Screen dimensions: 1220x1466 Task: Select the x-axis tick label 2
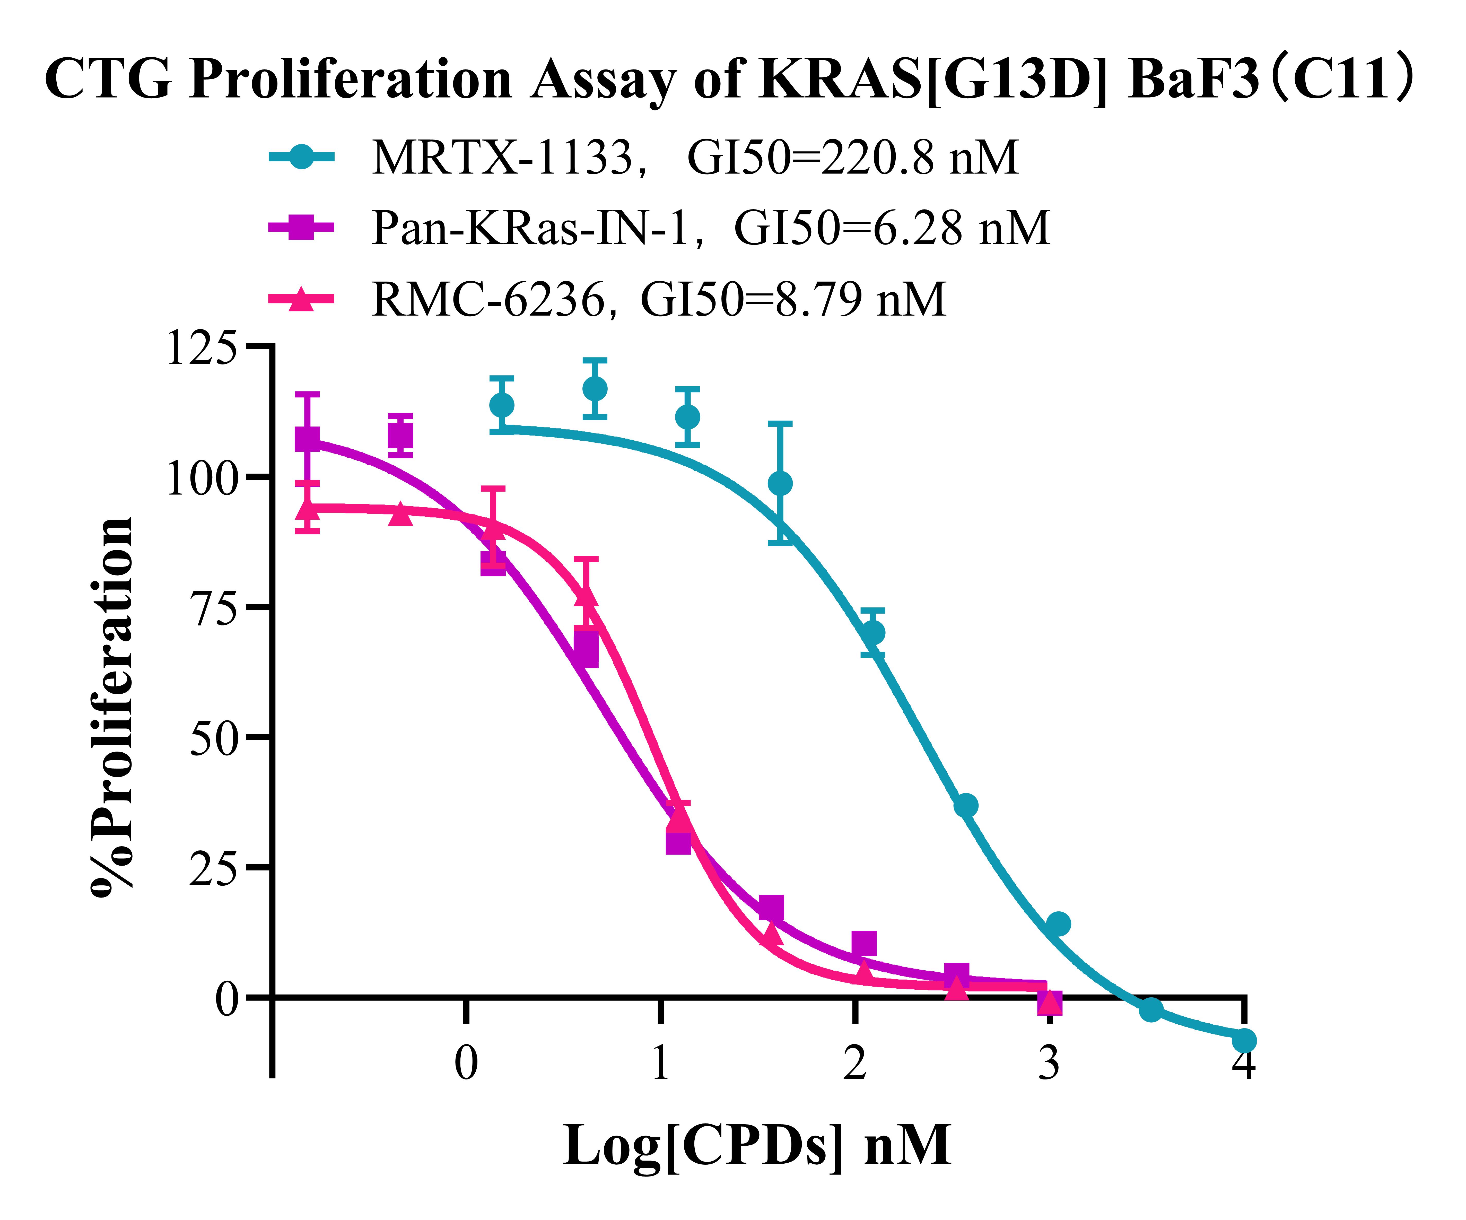click(x=854, y=1064)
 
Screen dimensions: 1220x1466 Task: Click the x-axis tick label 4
click(x=1243, y=1064)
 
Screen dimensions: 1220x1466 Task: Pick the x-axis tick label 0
click(x=466, y=1064)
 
